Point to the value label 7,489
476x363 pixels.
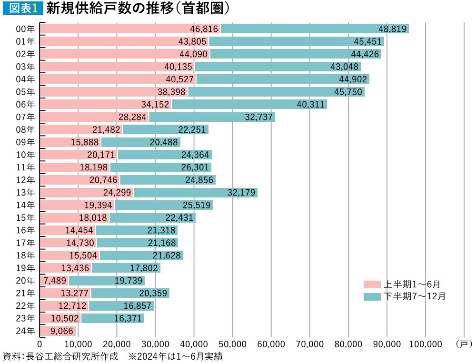(x=54, y=280)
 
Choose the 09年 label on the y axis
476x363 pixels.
(x=25, y=142)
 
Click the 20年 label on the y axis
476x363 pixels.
(x=25, y=280)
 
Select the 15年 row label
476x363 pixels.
(x=25, y=217)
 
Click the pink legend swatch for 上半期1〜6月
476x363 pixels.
(x=372, y=285)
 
